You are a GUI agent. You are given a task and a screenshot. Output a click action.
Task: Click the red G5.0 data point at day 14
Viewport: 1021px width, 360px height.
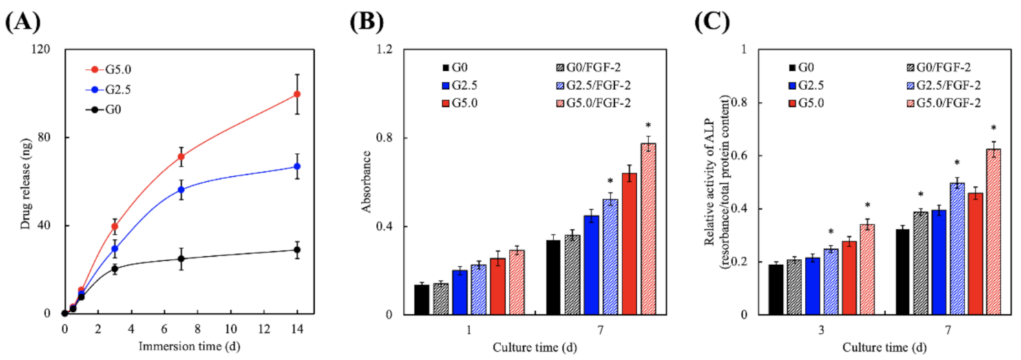[297, 94]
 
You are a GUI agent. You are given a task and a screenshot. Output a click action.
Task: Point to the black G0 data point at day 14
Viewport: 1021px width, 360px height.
[297, 250]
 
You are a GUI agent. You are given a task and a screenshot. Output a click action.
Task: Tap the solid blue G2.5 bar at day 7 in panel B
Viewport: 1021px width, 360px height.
[591, 265]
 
